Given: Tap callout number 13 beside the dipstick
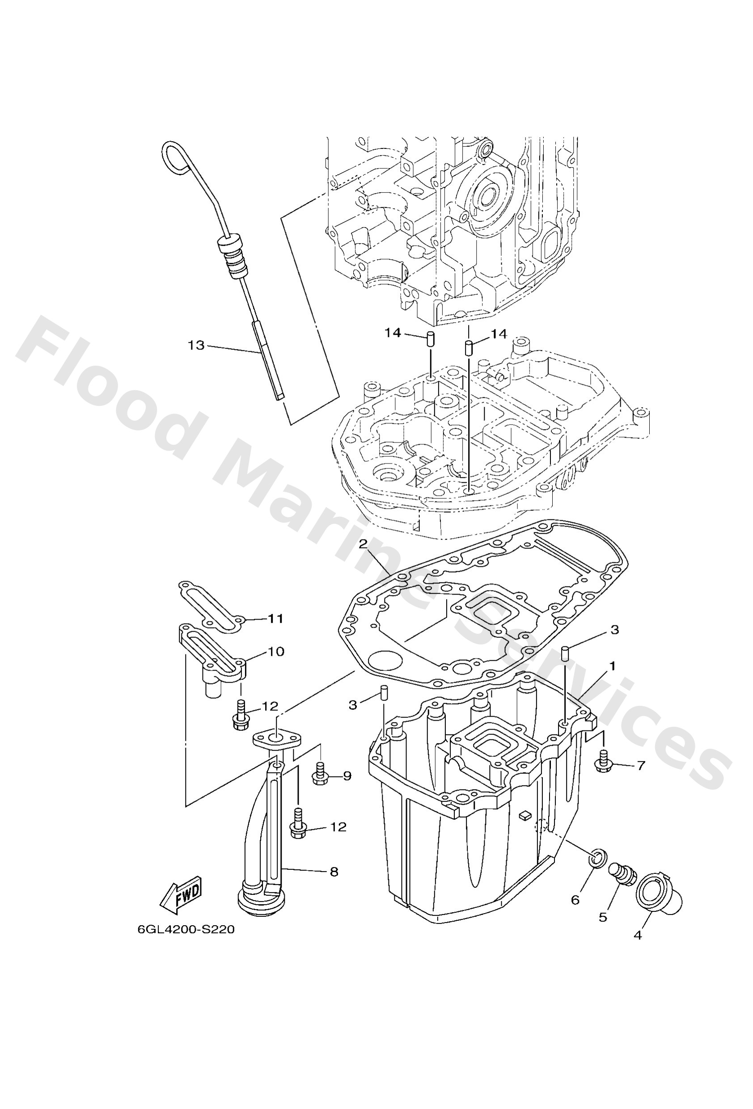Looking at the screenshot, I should click(x=196, y=345).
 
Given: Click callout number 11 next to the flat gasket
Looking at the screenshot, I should click(x=275, y=619).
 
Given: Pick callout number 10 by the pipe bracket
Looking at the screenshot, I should click(x=275, y=651).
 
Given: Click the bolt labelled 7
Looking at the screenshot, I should click(x=603, y=763).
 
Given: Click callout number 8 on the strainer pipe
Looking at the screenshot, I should click(x=334, y=872).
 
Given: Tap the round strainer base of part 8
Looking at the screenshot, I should click(x=258, y=901).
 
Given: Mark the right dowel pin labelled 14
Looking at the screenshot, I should click(x=469, y=346).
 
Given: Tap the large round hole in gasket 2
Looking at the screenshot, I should click(x=386, y=661).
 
